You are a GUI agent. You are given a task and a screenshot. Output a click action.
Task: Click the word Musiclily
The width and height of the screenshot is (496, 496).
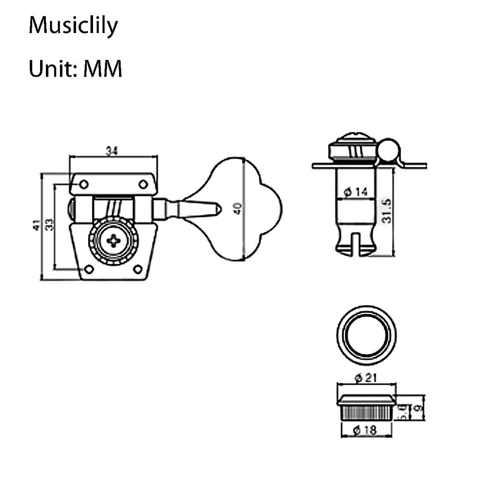pyautogui.click(x=73, y=26)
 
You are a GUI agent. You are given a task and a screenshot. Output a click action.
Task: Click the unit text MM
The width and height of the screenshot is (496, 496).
pyautogui.click(x=103, y=68)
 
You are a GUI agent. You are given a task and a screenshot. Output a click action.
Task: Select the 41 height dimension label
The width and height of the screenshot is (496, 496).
pyautogui.click(x=37, y=225)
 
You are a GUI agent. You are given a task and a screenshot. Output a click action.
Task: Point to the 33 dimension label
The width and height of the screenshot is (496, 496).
pyautogui.click(x=50, y=225)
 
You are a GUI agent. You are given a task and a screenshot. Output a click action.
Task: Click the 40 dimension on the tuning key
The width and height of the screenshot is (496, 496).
pyautogui.click(x=237, y=208)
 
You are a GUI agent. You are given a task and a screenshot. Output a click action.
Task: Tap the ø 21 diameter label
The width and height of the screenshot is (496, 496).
pyautogui.click(x=365, y=377)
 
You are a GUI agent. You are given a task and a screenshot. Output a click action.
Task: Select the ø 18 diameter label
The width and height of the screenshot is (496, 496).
pyautogui.click(x=365, y=430)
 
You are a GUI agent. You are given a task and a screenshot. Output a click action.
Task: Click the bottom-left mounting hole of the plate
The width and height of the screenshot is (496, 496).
pyautogui.click(x=88, y=269)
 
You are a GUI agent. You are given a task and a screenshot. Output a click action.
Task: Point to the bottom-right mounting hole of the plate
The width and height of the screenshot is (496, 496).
pyautogui.click(x=138, y=269)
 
